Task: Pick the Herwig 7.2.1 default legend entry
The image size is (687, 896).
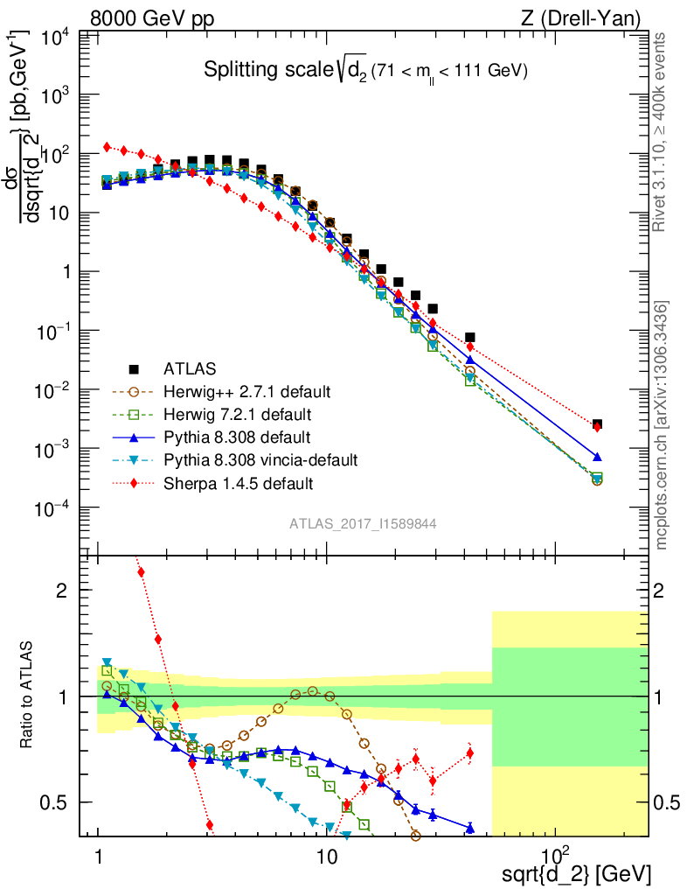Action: click(237, 414)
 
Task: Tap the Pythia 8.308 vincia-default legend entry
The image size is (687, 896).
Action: click(259, 459)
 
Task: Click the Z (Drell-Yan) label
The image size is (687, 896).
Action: click(590, 17)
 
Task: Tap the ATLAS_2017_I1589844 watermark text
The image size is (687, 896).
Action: click(363, 523)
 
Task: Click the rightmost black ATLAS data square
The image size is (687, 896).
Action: click(597, 424)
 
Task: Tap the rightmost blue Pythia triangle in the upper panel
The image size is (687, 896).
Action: click(597, 457)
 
